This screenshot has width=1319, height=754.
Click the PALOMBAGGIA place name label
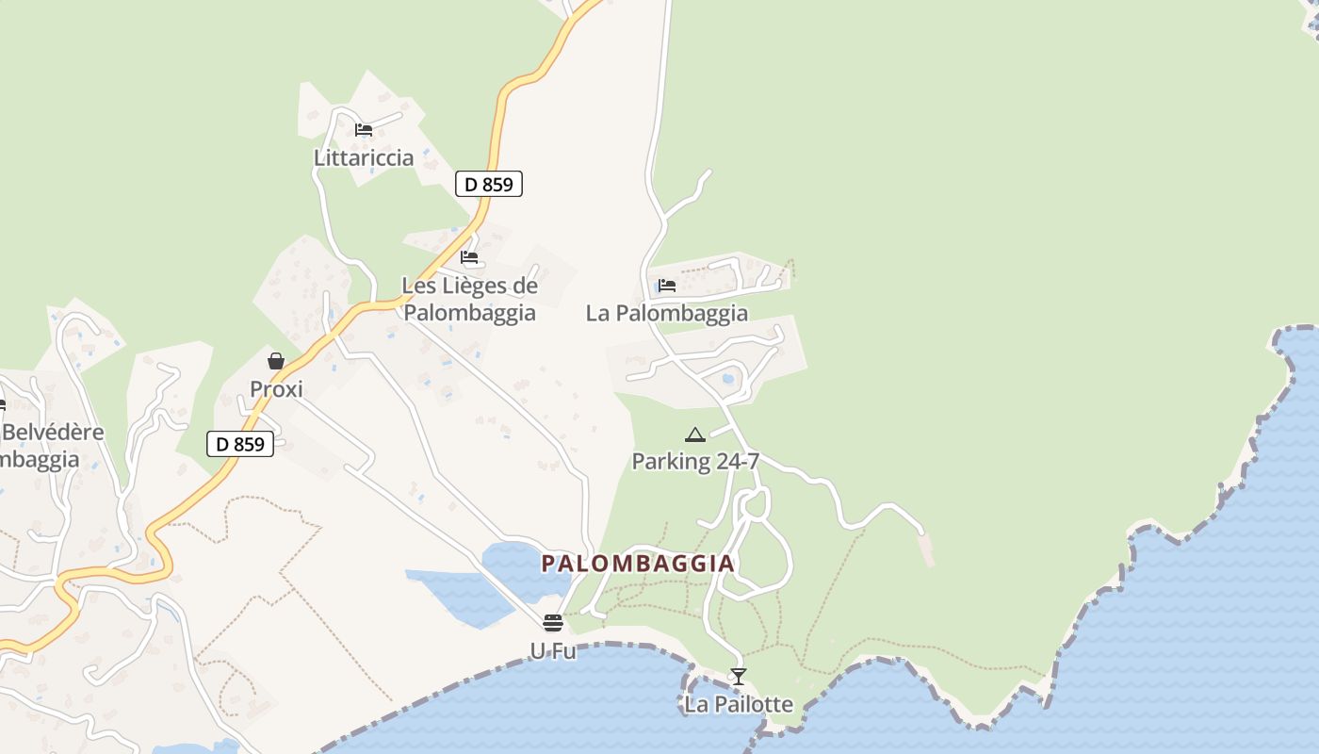[638, 564]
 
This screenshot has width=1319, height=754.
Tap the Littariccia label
[364, 157]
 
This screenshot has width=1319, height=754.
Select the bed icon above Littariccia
[364, 130]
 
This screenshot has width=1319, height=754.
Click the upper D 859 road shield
[488, 184]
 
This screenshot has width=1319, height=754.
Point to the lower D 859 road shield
[239, 444]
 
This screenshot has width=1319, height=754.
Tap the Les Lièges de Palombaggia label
[469, 299]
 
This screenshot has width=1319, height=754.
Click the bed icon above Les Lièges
[469, 257]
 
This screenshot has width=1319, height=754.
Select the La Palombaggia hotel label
[667, 313]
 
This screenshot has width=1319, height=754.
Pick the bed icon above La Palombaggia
[667, 286]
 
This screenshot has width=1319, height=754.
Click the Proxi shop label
[276, 389]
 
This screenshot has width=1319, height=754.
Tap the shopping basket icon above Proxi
[276, 361]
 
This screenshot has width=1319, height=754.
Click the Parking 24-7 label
[695, 462]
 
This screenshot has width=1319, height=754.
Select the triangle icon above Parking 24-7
[695, 434]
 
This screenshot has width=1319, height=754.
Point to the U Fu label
[553, 650]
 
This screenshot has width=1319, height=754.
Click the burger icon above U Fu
[553, 623]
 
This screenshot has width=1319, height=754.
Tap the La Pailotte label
[739, 704]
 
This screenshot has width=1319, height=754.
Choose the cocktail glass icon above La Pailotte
[739, 677]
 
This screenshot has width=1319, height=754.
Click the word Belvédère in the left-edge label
[55, 433]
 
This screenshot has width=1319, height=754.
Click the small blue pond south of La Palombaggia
[728, 379]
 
